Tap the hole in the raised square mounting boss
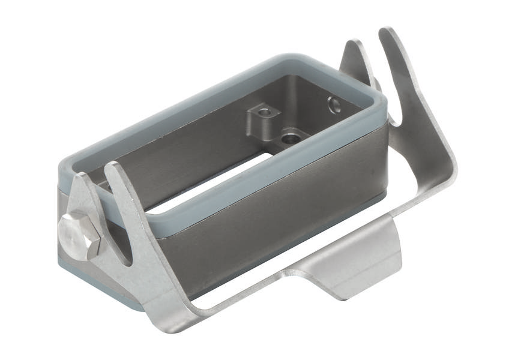click(261, 112)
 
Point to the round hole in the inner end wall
click(334, 106)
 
